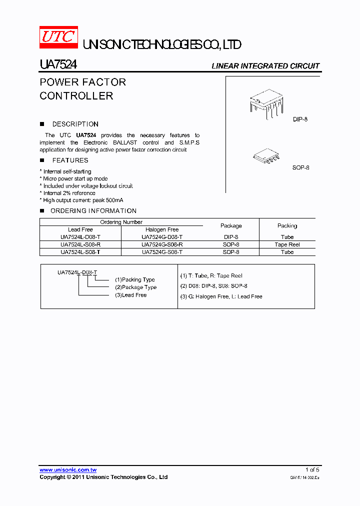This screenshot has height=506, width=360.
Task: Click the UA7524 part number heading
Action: (58, 65)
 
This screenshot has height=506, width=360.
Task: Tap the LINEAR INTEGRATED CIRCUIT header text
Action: (265, 66)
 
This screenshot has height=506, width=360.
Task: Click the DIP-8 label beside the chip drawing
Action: (300, 120)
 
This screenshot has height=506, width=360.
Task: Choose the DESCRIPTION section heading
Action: (75, 124)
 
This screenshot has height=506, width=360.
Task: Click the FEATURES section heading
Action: (70, 160)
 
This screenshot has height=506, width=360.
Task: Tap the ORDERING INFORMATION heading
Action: (93, 211)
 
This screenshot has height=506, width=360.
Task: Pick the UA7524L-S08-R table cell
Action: (80, 244)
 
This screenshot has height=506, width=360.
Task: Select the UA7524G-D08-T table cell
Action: (162, 237)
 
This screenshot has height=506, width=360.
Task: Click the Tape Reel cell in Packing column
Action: (287, 244)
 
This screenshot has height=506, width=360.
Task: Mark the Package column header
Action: (231, 226)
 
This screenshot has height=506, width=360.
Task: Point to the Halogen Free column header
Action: (162, 229)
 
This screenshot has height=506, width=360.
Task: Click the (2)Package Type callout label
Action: (135, 287)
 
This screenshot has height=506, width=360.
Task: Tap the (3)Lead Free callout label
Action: (130, 295)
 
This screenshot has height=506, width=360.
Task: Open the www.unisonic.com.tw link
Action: (68, 470)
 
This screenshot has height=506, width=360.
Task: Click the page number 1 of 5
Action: (312, 470)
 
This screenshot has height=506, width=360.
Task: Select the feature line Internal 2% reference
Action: (69, 193)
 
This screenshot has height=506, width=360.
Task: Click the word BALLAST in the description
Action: (128, 142)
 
